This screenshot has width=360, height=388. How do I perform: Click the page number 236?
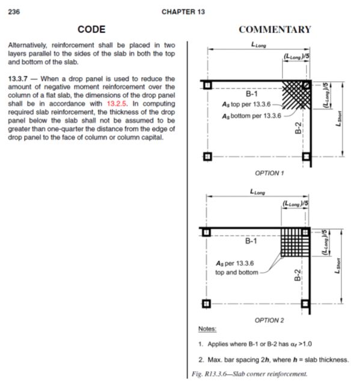tap(13, 11)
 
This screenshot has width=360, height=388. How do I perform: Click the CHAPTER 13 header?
tap(180, 11)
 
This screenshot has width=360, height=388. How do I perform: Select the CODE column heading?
tap(91, 29)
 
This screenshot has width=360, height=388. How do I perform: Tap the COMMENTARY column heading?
tap(275, 29)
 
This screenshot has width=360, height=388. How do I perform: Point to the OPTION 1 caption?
tap(269, 173)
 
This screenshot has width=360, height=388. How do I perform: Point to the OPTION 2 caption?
tap(269, 320)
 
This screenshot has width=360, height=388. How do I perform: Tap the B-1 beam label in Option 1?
tap(252, 94)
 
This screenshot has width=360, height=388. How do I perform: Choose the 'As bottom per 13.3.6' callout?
tap(251, 115)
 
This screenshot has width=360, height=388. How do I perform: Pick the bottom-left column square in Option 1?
tap(207, 157)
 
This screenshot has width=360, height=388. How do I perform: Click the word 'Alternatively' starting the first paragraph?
tap(28, 45)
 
